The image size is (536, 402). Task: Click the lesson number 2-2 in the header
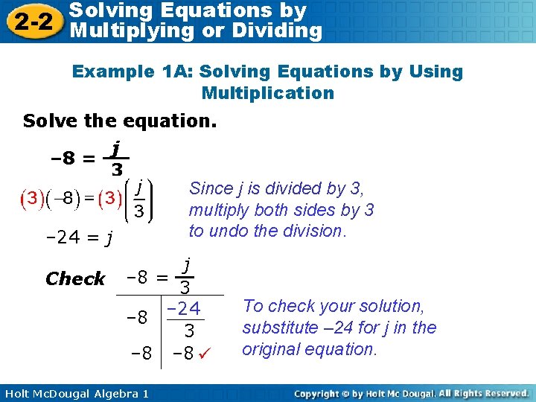pyautogui.click(x=31, y=21)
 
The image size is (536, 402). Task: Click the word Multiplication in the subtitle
pyautogui.click(x=267, y=93)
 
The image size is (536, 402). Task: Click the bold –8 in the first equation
pyautogui.click(x=62, y=158)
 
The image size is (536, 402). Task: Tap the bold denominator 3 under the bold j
pyautogui.click(x=117, y=170)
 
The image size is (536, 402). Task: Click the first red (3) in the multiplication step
pyautogui.click(x=32, y=200)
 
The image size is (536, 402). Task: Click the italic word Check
pyautogui.click(x=75, y=279)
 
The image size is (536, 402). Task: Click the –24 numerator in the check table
pyautogui.click(x=183, y=307)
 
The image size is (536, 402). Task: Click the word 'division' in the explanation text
pyautogui.click(x=316, y=231)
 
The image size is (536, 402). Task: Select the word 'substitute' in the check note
pyautogui.click(x=279, y=328)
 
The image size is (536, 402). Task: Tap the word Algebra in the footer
pyautogui.click(x=109, y=393)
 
